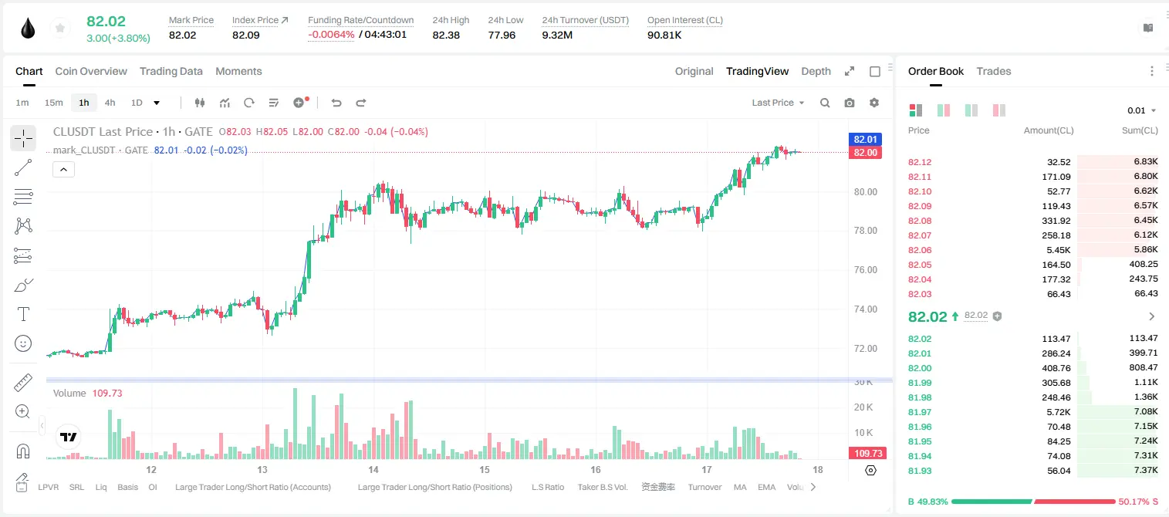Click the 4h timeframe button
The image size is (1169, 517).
click(110, 103)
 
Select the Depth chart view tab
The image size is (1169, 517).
click(816, 71)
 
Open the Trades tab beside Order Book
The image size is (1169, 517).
click(994, 71)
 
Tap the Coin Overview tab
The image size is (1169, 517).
click(91, 71)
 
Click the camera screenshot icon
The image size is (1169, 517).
click(850, 103)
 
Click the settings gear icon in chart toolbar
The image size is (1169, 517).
click(874, 103)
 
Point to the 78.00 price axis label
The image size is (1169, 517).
click(865, 231)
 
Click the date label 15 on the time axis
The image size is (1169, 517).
click(485, 469)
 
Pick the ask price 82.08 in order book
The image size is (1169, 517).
click(920, 221)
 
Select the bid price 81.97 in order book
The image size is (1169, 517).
click(920, 412)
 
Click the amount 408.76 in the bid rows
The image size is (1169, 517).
click(1056, 368)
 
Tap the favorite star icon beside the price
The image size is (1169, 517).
click(60, 28)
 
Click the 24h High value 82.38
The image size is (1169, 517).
click(446, 35)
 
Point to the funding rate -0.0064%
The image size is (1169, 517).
click(331, 35)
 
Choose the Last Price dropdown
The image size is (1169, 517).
click(778, 103)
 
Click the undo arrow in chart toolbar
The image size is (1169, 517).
click(336, 103)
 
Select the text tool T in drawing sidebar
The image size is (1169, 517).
click(23, 314)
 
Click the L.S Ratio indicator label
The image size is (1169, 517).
click(547, 487)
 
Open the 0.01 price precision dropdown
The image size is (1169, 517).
click(1141, 110)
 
